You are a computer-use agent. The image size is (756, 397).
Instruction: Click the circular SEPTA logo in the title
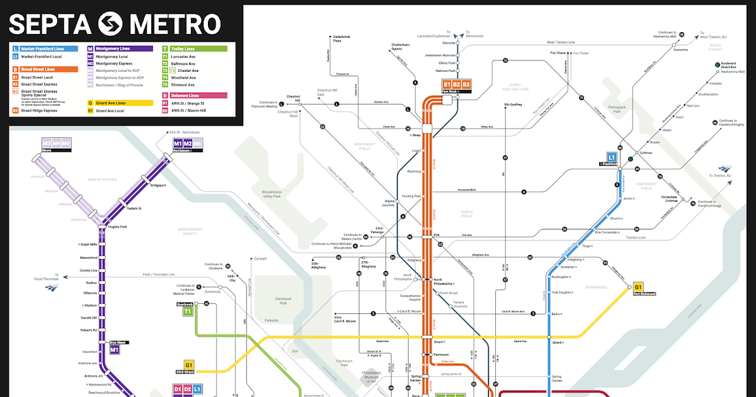click(112, 24)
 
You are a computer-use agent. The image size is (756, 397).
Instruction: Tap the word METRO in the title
click(175, 24)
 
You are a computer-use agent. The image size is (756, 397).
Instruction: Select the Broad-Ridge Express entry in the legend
click(39, 110)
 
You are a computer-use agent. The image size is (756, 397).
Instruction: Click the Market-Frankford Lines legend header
click(43, 48)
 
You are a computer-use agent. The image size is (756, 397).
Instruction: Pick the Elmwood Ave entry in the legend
click(183, 84)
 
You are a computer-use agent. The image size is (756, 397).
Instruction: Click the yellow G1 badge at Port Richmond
click(638, 287)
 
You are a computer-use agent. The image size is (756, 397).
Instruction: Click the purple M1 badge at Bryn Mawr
click(115, 349)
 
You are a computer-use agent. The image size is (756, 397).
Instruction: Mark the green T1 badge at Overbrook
click(187, 311)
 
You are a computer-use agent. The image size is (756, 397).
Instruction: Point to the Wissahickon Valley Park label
click(272, 193)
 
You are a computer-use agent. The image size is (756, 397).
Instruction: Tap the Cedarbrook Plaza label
click(341, 38)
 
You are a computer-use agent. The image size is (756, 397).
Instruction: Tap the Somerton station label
click(680, 49)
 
